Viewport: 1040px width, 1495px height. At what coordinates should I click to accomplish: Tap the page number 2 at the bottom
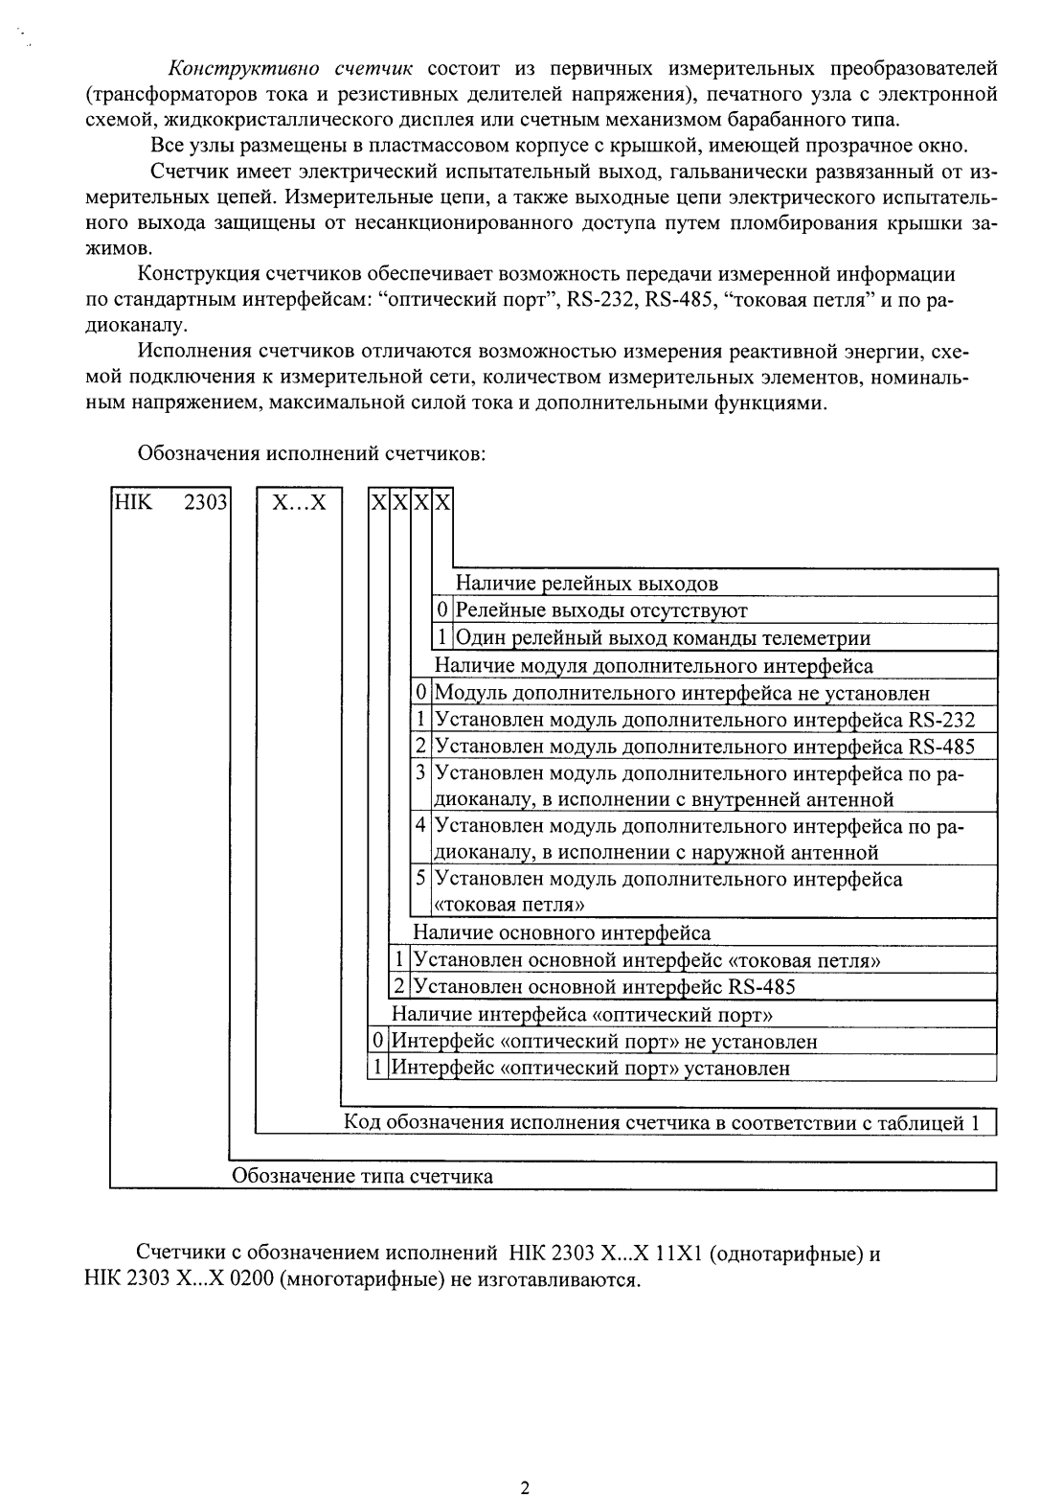tap(524, 1460)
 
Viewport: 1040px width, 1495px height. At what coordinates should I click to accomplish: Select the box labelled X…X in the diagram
tap(298, 502)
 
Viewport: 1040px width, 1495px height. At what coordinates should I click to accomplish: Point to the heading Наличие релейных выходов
tap(586, 584)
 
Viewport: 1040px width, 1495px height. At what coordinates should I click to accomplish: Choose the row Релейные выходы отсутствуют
tap(600, 610)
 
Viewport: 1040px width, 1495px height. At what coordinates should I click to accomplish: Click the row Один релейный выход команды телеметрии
tap(662, 638)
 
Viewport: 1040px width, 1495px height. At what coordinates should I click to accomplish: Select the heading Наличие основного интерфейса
tap(561, 931)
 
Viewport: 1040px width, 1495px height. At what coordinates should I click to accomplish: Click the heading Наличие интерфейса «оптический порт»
tap(582, 1014)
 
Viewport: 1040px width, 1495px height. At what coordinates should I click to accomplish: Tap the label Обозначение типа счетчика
tap(364, 1176)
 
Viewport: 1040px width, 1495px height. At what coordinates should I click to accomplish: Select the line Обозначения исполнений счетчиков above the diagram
tap(313, 453)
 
